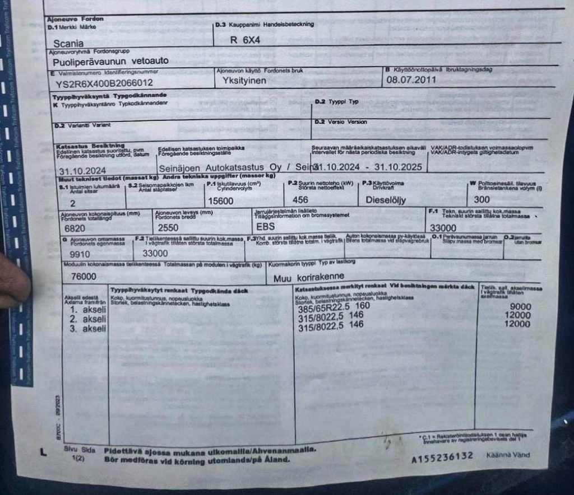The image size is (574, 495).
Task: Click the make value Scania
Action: [69, 43]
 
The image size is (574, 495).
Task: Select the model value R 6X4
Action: [246, 40]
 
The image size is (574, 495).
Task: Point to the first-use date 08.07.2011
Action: [411, 80]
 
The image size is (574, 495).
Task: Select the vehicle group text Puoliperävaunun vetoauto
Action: [110, 60]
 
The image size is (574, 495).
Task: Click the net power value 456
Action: [300, 200]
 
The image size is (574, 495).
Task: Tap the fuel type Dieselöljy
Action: [386, 200]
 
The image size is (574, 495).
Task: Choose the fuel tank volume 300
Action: [482, 199]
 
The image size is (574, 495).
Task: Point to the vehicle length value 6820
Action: [75, 228]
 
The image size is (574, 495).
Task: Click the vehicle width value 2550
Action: [168, 228]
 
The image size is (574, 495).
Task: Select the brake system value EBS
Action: [266, 227]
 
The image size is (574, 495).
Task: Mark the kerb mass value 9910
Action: [80, 253]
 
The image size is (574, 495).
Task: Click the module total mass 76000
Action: [84, 277]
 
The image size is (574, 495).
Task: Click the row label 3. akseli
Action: [88, 329]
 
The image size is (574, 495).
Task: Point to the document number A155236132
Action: [442, 458]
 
